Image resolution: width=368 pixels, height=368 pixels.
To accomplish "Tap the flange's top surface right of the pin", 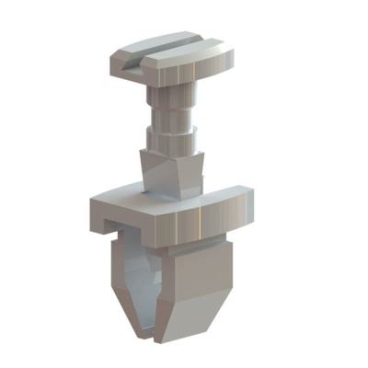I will (225, 190).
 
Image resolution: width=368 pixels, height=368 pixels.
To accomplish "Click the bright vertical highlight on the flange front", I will (199, 222).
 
